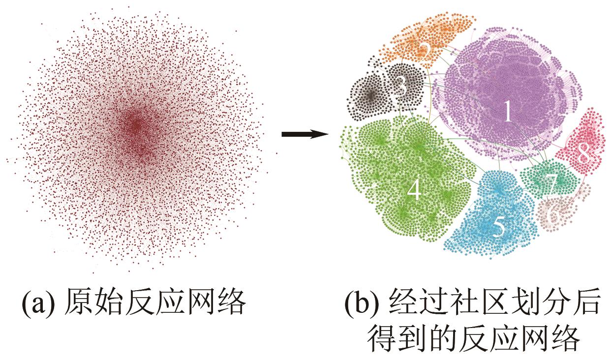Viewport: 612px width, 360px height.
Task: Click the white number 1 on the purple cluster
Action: tap(508, 113)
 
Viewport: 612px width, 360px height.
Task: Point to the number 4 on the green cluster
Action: tap(414, 190)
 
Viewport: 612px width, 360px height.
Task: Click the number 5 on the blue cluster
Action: tap(498, 227)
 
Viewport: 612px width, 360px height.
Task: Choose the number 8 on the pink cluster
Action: tap(583, 154)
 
